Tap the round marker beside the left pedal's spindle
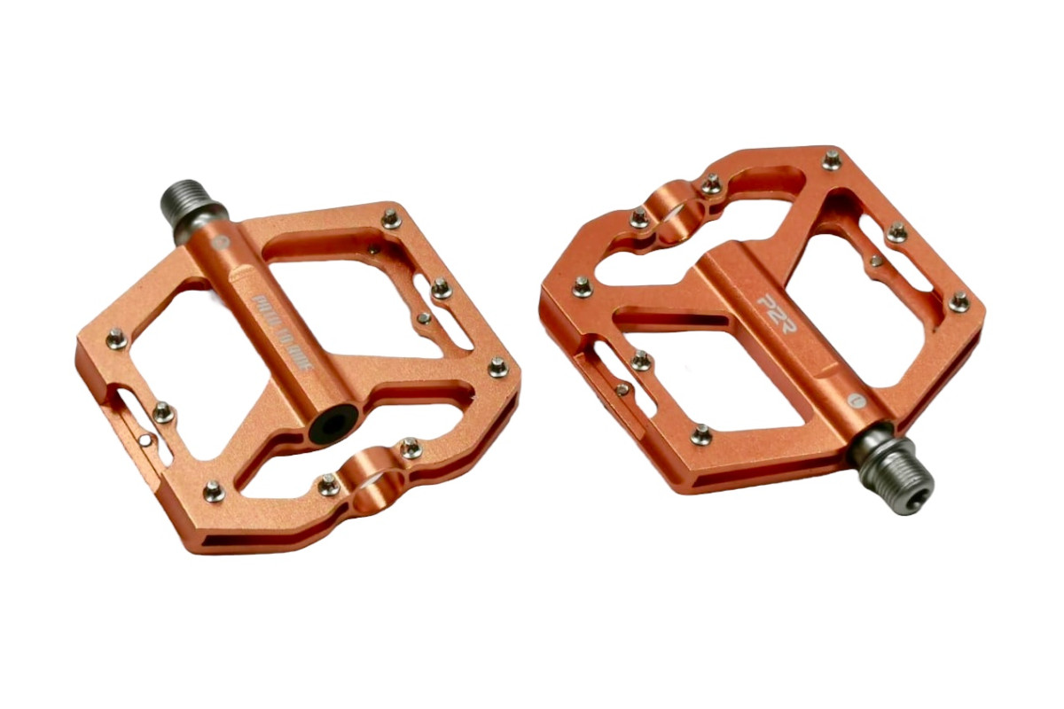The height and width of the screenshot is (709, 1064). point(222,240)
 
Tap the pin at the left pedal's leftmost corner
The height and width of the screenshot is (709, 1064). point(115,337)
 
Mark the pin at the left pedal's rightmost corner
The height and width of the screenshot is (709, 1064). point(498,365)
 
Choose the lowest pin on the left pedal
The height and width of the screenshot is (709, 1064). point(213,490)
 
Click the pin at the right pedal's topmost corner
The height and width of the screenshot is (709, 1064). point(831,160)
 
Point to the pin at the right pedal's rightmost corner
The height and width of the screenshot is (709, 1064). point(959,300)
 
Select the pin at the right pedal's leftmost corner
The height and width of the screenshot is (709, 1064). point(582,285)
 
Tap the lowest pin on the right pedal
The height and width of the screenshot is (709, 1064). point(700,435)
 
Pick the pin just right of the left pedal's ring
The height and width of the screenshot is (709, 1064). point(411,449)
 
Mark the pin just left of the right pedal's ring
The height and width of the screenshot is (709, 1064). point(638,216)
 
